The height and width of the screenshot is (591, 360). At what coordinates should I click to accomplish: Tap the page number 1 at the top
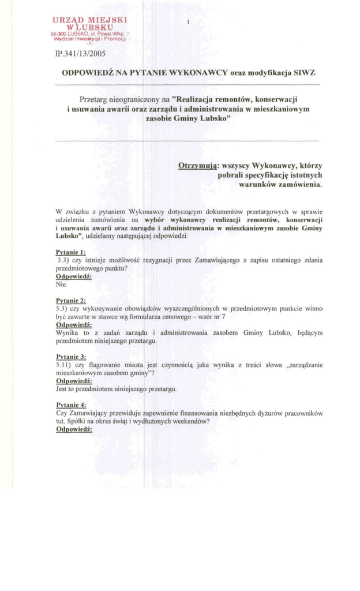tap(189, 23)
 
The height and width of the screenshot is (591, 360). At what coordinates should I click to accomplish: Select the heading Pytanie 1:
tap(71, 253)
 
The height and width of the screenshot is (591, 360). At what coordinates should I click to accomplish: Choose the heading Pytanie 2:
tap(71, 301)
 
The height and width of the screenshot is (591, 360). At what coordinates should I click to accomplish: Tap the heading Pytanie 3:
tap(71, 357)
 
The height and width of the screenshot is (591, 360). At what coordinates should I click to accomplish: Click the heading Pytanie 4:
tap(71, 405)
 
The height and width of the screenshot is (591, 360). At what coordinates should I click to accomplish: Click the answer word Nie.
tap(62, 285)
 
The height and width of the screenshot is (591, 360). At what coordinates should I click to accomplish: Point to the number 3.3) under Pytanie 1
tap(63, 261)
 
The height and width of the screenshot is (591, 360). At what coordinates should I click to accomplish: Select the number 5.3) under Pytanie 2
tap(62, 309)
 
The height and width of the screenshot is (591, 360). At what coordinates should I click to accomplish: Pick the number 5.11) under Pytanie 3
tap(64, 365)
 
